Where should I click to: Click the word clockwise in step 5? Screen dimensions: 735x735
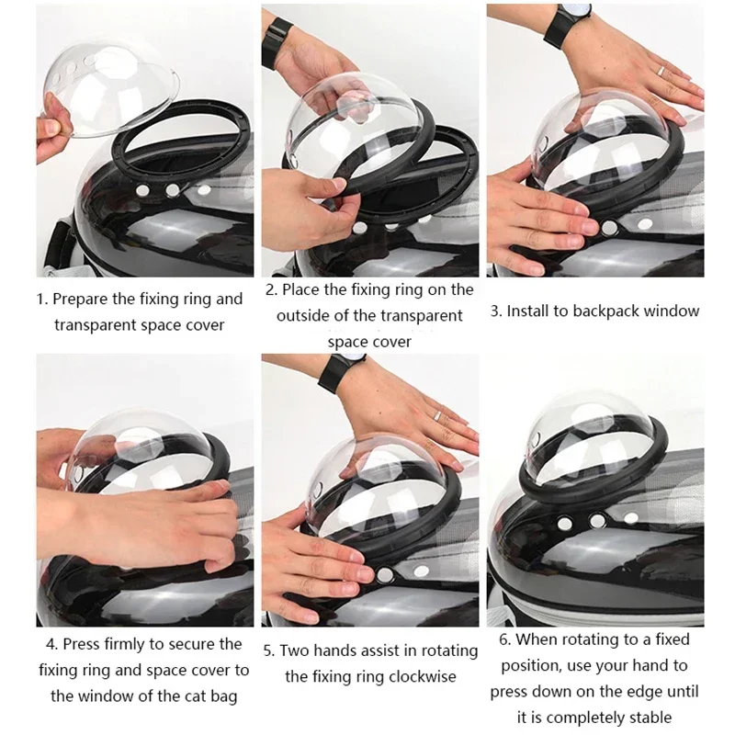(x=424, y=677)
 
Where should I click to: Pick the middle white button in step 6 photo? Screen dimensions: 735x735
(x=599, y=521)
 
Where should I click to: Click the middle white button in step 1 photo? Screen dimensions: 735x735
(x=172, y=190)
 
